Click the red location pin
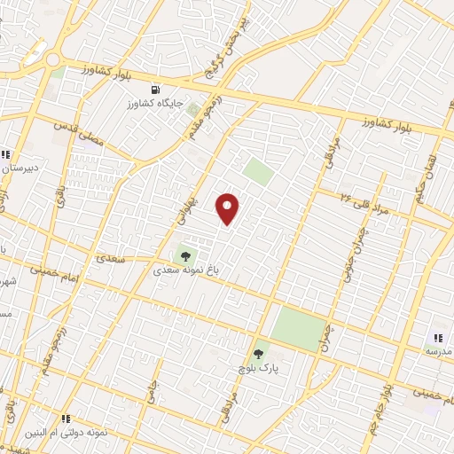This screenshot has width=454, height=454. coord(229,208)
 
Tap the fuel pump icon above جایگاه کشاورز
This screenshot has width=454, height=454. coord(157,90)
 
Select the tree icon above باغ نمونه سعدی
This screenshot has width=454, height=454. coord(185,256)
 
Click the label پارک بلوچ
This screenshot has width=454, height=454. coord(259,366)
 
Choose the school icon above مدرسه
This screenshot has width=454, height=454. coord(438,337)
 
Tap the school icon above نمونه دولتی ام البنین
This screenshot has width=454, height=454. coord(66,418)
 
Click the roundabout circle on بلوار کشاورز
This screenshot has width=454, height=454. coord(52,60)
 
